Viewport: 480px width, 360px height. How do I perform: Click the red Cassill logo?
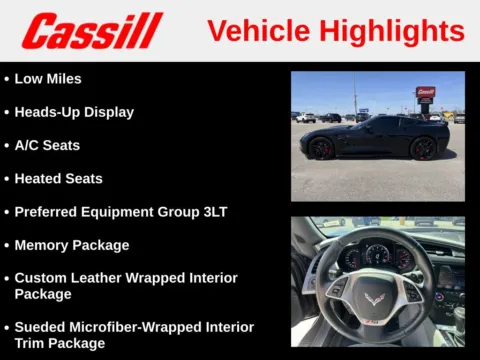click(92, 31)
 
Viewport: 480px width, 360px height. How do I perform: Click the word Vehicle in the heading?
click(256, 31)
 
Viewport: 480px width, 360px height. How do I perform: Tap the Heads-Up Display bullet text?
click(74, 112)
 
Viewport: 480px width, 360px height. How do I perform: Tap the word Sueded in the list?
click(42, 327)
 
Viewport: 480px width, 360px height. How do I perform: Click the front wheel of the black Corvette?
click(321, 149)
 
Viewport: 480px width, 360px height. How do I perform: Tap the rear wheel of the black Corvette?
click(424, 148)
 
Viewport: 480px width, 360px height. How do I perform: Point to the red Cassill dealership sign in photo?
click(425, 92)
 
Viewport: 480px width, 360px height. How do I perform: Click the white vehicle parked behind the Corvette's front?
click(305, 117)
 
